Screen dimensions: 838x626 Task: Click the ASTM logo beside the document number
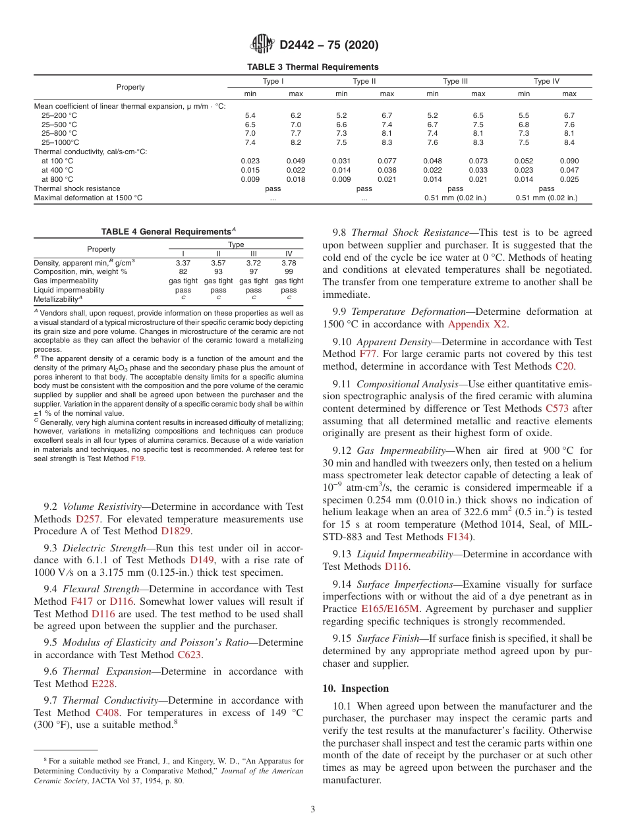click(x=262, y=45)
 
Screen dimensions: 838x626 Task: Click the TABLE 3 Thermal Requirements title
click(x=312, y=67)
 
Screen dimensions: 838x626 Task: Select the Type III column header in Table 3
click(x=455, y=82)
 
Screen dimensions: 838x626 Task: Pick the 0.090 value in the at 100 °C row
click(x=569, y=161)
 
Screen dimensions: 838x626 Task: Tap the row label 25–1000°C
click(x=61, y=142)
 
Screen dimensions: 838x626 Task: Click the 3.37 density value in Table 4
click(x=183, y=263)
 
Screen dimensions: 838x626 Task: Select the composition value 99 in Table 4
click(x=289, y=272)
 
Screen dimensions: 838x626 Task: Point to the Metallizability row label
click(x=57, y=299)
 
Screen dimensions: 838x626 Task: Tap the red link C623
click(x=190, y=655)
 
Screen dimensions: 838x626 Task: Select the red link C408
click(x=107, y=713)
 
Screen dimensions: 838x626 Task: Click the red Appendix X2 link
click(x=478, y=323)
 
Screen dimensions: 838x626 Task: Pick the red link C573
click(x=557, y=408)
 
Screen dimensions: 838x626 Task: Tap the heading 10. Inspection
click(x=355, y=688)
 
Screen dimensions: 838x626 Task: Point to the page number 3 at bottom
click(x=313, y=809)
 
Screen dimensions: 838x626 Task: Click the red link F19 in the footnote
click(x=137, y=458)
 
